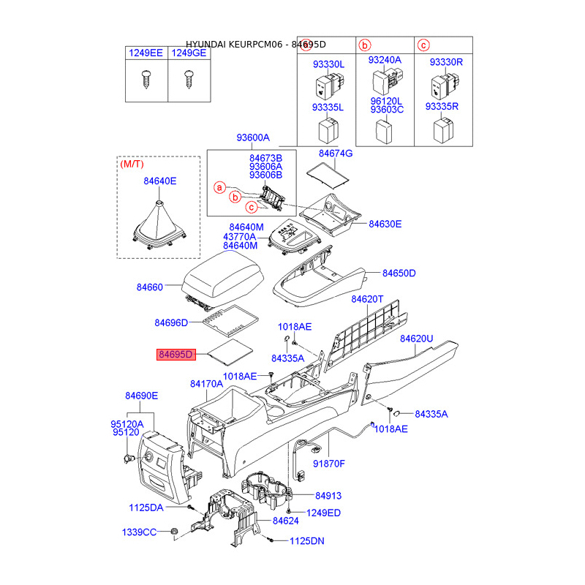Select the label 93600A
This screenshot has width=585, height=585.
pyautogui.click(x=253, y=137)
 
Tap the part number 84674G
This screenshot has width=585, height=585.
pyautogui.click(x=336, y=154)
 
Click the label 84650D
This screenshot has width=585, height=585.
pyautogui.click(x=399, y=273)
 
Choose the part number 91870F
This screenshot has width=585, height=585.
pyautogui.click(x=329, y=464)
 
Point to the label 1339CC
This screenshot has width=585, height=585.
pyautogui.click(x=139, y=532)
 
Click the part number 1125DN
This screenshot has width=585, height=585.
pyautogui.click(x=306, y=541)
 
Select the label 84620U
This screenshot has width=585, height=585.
pyautogui.click(x=417, y=339)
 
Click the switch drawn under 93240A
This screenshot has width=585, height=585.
pyautogui.click(x=385, y=83)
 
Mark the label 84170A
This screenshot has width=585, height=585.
pyautogui.click(x=206, y=383)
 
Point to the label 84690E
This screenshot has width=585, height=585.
pyautogui.click(x=141, y=396)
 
